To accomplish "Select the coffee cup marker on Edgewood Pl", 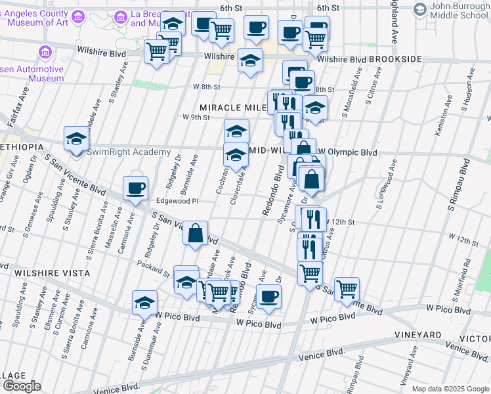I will (x=135, y=188).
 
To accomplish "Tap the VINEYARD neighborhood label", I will (x=419, y=335).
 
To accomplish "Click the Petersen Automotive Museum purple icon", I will (x=45, y=51).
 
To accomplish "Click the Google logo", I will (x=21, y=386).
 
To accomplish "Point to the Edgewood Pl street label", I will (x=177, y=202).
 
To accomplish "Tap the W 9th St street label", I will (x=196, y=118).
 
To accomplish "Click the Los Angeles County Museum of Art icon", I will (x=78, y=15).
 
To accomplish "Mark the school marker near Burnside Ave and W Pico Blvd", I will (x=144, y=303).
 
